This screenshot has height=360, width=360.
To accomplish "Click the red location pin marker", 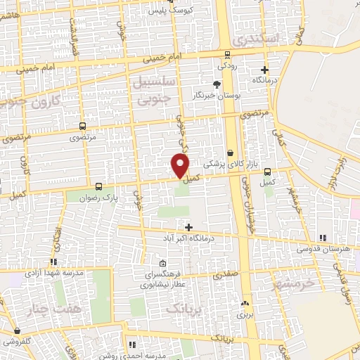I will coord(180,165).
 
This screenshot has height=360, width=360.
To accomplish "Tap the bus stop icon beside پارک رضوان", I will coord(98,187).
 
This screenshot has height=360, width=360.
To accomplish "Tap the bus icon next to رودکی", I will coord(227,55).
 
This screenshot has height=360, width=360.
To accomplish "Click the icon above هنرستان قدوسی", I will coord(323,238).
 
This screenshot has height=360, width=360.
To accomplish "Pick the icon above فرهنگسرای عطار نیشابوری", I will coord(162,263).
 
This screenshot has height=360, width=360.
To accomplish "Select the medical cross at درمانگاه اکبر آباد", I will coord(188,226).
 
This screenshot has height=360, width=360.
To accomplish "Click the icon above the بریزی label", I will coord(245,304).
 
